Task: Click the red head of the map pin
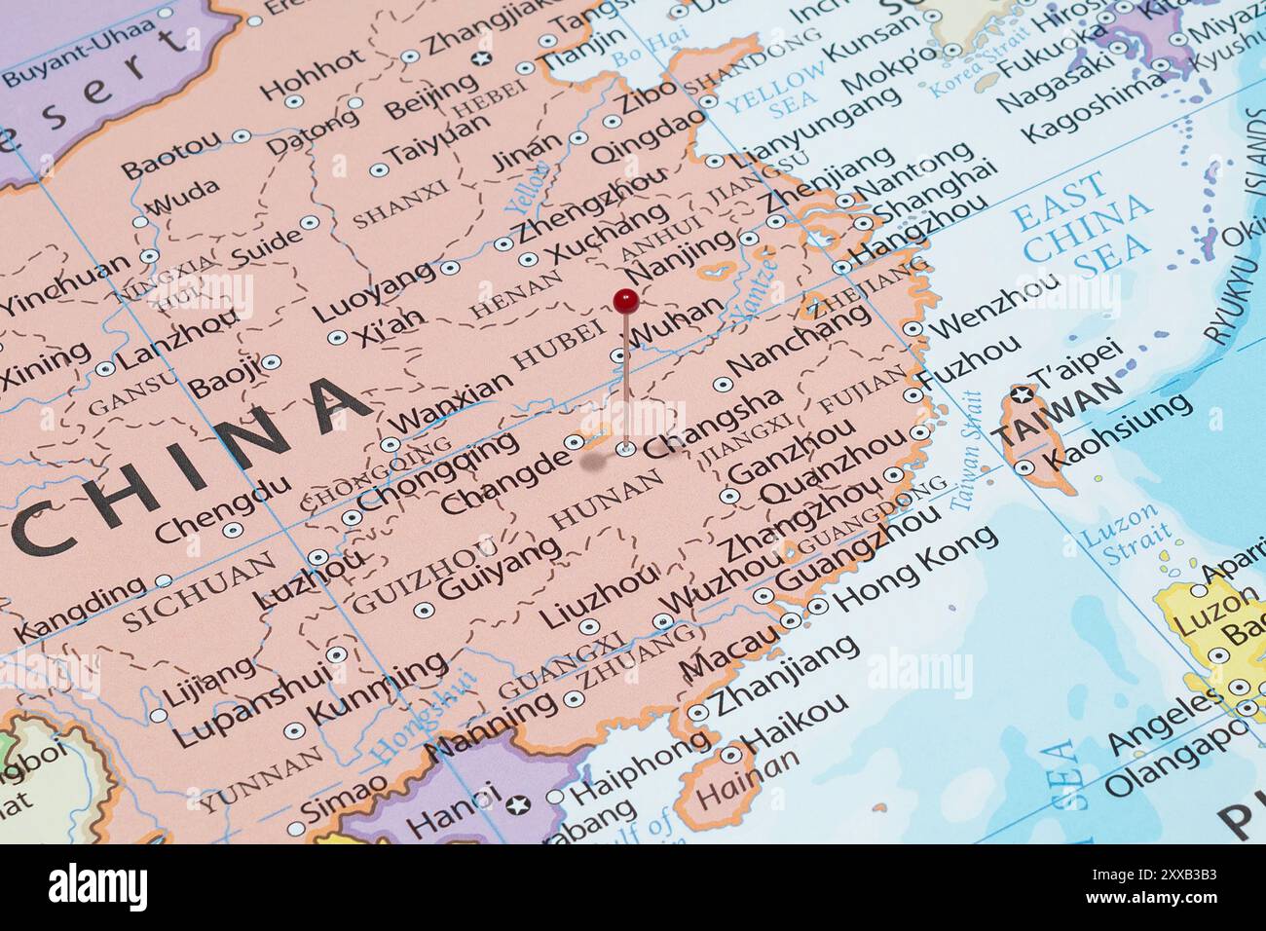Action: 626,299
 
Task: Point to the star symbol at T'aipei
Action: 1021,394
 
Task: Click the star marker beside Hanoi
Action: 518,804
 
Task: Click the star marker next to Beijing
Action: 479,59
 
